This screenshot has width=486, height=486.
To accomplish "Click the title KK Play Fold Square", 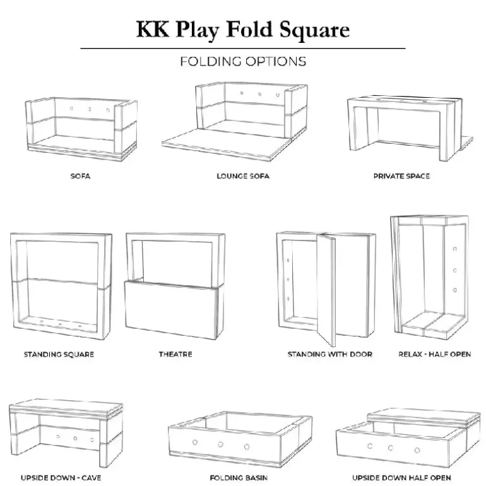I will click(242, 30).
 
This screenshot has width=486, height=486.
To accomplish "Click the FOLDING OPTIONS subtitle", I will click(243, 61).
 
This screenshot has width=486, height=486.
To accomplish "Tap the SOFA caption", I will click(80, 176).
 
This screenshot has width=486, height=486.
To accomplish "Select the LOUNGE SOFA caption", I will click(243, 176).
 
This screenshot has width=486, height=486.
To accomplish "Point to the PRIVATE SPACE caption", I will click(401, 176).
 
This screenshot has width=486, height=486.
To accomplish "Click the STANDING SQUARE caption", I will click(59, 355).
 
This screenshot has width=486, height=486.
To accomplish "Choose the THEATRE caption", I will click(175, 355).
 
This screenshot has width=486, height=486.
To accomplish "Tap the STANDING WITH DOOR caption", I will click(329, 355).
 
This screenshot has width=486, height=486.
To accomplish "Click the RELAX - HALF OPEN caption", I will click(434, 355).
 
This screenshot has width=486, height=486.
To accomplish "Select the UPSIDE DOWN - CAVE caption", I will click(61, 478).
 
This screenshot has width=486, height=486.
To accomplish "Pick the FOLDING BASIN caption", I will click(243, 478).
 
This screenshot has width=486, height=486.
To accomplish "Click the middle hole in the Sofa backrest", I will click(90, 109).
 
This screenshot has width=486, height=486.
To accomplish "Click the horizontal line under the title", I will click(243, 48).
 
